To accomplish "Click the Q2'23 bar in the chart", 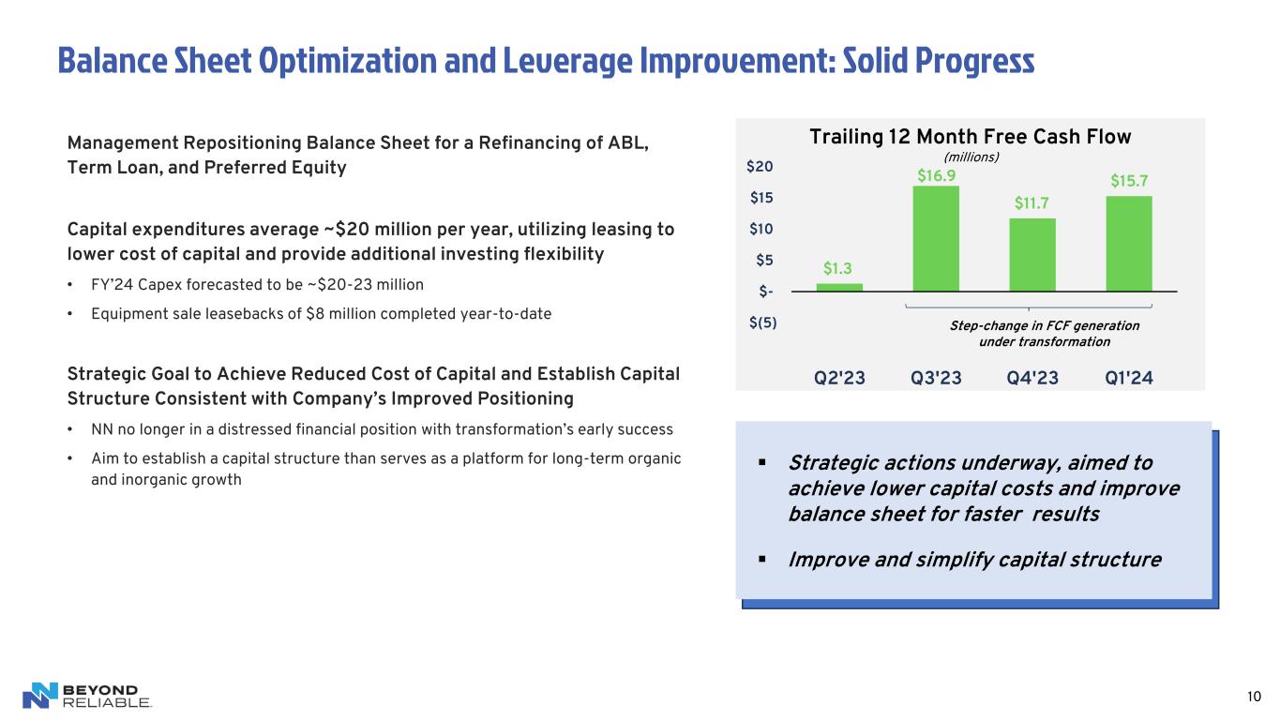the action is click(x=839, y=288).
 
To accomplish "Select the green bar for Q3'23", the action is click(x=936, y=239).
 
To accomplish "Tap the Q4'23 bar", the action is click(x=1032, y=255).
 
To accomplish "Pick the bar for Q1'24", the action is click(x=1129, y=244).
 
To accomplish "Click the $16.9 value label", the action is click(x=936, y=175).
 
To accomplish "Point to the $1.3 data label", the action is click(x=837, y=268).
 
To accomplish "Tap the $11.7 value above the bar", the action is click(x=1032, y=202).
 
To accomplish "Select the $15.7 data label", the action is click(x=1129, y=181).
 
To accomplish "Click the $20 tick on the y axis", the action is click(x=760, y=166).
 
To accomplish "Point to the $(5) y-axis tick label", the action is click(x=763, y=322).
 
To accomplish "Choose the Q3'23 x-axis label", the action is click(x=936, y=378).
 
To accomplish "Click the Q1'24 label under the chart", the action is click(x=1129, y=378).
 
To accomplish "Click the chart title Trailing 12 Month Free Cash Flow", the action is click(x=971, y=137).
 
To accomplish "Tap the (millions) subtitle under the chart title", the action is click(x=971, y=157).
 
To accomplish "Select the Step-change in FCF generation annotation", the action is click(x=1045, y=334).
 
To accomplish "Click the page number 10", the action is click(x=1254, y=697).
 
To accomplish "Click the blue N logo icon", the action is click(x=40, y=696).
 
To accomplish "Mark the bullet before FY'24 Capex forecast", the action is click(x=69, y=285).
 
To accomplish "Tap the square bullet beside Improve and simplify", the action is click(x=761, y=560).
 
